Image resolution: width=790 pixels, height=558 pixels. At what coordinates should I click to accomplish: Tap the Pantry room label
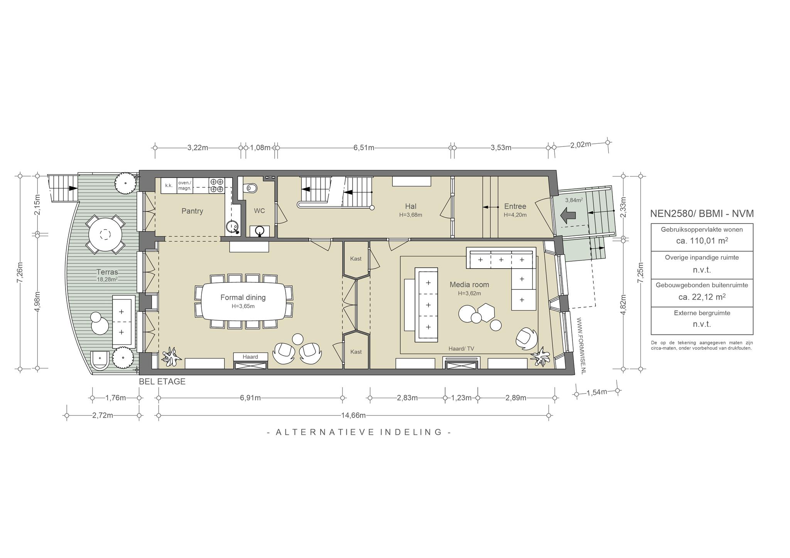pos(192,211)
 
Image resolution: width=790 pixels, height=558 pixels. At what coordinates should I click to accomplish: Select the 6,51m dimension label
pos(364,148)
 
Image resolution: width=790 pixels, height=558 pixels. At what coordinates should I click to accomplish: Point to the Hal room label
pos(410,206)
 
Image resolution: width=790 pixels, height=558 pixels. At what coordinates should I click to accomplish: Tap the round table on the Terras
pos(105,234)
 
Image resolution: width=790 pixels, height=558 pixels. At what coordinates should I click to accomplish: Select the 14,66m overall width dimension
pos(353,415)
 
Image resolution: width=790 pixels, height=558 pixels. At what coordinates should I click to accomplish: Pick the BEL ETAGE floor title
pos(162,382)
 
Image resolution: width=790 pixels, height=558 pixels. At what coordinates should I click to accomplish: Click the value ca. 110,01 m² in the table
pos(702,241)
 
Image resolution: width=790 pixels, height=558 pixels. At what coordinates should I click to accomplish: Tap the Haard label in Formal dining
pos(250,357)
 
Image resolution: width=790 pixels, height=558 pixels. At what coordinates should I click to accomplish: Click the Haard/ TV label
pos(461,349)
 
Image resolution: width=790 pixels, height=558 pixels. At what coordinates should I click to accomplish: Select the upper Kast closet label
pos(356,259)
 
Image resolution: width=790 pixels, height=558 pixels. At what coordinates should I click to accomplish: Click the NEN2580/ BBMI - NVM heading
pos(702,213)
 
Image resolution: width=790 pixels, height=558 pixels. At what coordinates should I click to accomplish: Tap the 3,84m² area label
pos(574,200)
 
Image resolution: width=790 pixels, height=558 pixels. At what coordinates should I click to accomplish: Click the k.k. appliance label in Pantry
pos(169,185)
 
